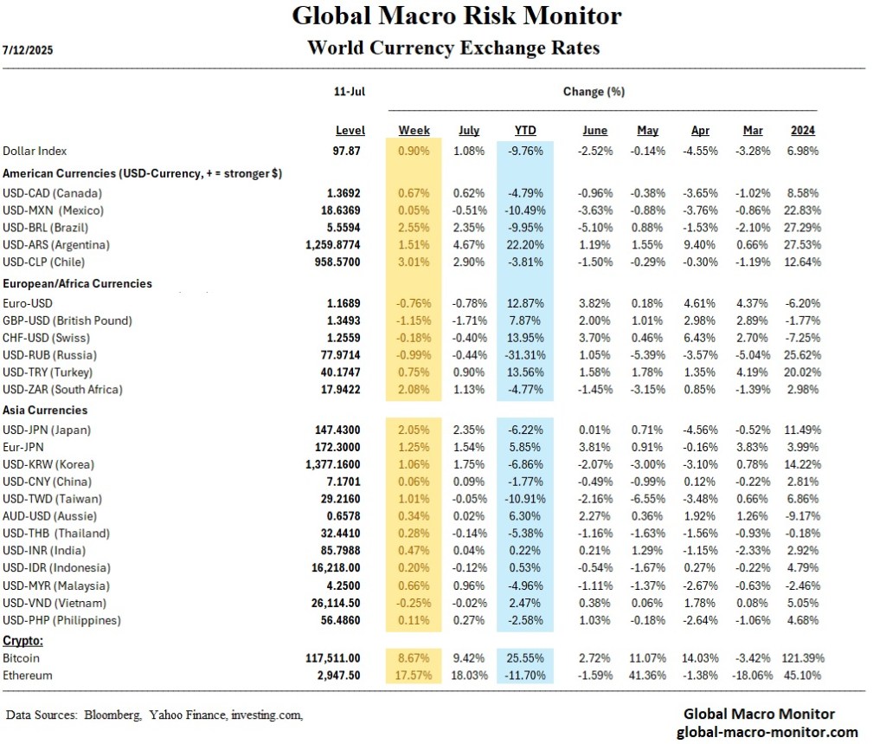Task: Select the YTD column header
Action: pos(525,131)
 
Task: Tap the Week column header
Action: pos(414,131)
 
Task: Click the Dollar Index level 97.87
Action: pos(350,152)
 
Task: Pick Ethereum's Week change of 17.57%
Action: pos(413,675)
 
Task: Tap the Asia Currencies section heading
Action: pos(45,410)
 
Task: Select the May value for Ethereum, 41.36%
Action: pos(642,675)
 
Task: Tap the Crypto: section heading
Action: pos(23,641)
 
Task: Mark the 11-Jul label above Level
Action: pos(350,91)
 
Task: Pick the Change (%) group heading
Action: pos(594,91)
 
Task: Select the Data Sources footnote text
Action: pos(155,715)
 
